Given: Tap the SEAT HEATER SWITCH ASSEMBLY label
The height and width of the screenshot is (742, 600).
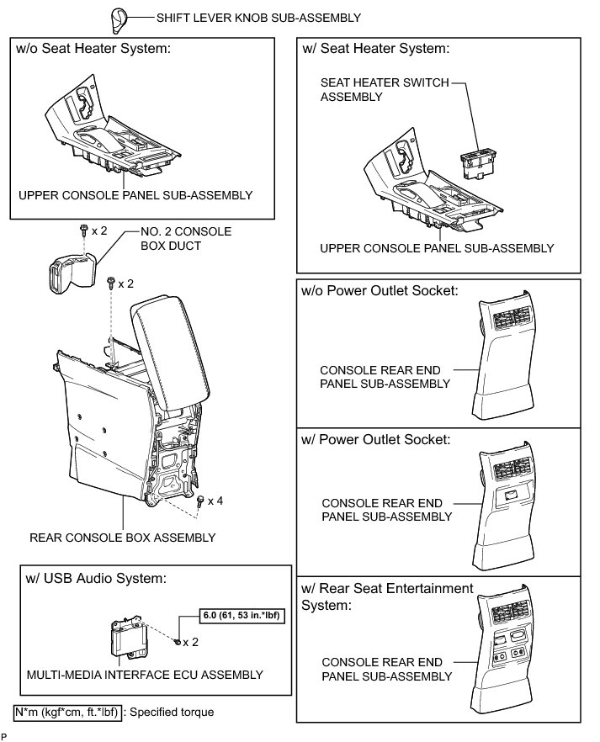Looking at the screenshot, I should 385,90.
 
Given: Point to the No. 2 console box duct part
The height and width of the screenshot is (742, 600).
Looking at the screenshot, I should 68,269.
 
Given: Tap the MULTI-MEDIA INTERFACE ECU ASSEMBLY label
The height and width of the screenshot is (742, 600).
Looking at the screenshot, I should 144,675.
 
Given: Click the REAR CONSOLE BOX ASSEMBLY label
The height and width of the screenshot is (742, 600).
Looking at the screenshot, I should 122,538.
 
